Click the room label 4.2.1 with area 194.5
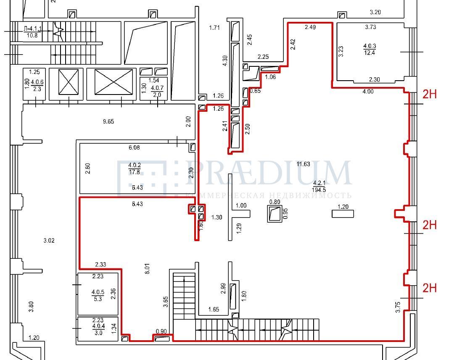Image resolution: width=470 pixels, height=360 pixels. [x=319, y=186]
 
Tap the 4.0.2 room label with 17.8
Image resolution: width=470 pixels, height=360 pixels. [x=134, y=169]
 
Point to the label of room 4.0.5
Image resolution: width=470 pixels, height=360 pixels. [x=98, y=295]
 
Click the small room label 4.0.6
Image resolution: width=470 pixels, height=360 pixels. [x=37, y=85]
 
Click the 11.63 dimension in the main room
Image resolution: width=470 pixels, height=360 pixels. [x=303, y=164]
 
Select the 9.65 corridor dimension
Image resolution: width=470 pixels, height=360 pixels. [x=108, y=122]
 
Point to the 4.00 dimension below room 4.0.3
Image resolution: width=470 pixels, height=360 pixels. [x=367, y=92]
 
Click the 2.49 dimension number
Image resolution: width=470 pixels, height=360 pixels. [x=310, y=27]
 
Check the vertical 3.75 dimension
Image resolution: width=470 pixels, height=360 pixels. [x=398, y=307]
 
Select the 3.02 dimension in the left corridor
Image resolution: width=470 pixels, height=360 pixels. [x=49, y=241]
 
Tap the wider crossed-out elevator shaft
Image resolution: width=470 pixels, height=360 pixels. [x=114, y=82]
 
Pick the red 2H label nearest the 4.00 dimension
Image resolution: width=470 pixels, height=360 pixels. [x=429, y=94]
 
